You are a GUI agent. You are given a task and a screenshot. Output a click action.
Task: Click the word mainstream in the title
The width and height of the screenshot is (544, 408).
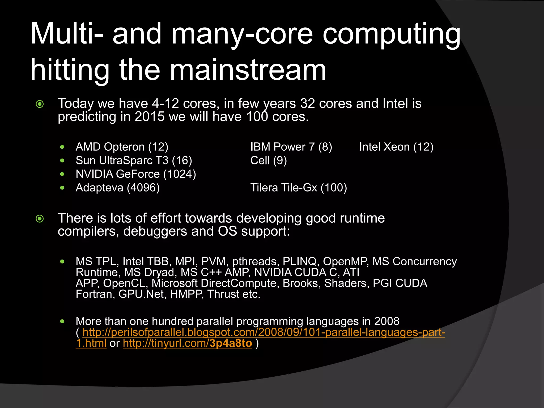click(x=248, y=70)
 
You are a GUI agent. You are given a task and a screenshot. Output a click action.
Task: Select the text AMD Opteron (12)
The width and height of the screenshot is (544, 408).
click(x=122, y=147)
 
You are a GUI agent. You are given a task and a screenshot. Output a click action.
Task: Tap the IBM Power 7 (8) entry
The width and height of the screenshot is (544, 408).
click(x=291, y=147)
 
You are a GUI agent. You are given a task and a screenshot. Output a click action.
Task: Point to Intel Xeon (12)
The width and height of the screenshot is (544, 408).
click(x=396, y=147)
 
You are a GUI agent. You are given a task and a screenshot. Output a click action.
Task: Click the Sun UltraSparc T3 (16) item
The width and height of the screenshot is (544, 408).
click(x=134, y=160)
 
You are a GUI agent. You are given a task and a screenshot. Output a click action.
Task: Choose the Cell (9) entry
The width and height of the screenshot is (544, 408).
click(x=268, y=160)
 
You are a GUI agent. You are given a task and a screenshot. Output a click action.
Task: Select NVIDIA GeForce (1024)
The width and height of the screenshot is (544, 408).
click(x=136, y=174)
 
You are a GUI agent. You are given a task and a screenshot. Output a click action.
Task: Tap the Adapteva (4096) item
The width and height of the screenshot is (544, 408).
click(x=118, y=188)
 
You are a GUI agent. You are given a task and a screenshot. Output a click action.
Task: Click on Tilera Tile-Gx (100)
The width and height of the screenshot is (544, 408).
click(x=299, y=188)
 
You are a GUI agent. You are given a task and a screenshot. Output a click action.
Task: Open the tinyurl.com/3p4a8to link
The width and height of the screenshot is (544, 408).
click(x=187, y=343)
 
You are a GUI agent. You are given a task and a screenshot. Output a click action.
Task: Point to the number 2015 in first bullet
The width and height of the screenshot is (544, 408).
click(x=150, y=117)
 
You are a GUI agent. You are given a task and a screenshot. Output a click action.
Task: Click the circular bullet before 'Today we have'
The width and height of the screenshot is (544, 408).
click(x=40, y=104)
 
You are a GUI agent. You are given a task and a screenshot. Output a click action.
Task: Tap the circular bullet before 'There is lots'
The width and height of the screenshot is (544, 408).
click(x=40, y=219)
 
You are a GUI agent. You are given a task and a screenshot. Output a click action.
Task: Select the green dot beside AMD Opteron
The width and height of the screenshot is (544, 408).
click(x=62, y=147)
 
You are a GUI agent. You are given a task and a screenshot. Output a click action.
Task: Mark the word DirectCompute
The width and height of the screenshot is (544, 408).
click(x=239, y=283)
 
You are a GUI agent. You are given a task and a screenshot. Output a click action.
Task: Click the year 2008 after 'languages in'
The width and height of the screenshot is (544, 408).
click(x=386, y=321)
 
